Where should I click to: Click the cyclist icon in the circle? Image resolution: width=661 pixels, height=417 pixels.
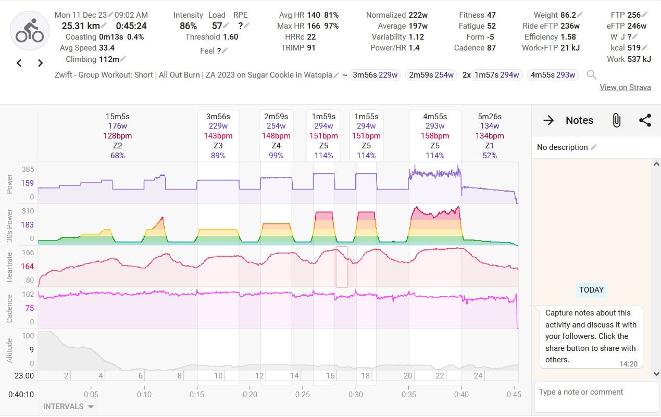[30, 31]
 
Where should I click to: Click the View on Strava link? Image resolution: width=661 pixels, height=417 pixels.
[625, 87]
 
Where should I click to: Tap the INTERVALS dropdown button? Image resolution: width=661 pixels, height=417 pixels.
[68, 407]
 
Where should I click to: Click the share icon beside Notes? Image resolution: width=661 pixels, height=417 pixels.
[645, 120]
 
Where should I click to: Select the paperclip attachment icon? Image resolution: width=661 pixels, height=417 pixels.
[616, 120]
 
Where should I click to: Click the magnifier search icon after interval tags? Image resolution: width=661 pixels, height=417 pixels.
[591, 75]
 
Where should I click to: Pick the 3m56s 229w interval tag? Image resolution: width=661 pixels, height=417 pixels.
[375, 75]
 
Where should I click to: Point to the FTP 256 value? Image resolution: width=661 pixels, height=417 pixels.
[634, 15]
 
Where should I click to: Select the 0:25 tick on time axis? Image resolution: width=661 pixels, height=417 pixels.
[303, 394]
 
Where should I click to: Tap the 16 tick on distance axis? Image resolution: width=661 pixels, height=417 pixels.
[330, 375]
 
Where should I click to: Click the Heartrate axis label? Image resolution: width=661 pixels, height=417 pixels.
[9, 267]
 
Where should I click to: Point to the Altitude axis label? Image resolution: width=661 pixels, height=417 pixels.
[9, 350]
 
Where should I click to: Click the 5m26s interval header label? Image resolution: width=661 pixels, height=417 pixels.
[489, 117]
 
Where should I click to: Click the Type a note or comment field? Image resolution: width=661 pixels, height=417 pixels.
[596, 392]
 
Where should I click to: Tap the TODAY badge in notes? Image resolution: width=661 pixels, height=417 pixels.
[591, 290]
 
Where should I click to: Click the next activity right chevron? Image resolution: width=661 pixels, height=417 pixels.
[40, 63]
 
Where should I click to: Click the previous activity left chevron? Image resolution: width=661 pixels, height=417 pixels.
[19, 63]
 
